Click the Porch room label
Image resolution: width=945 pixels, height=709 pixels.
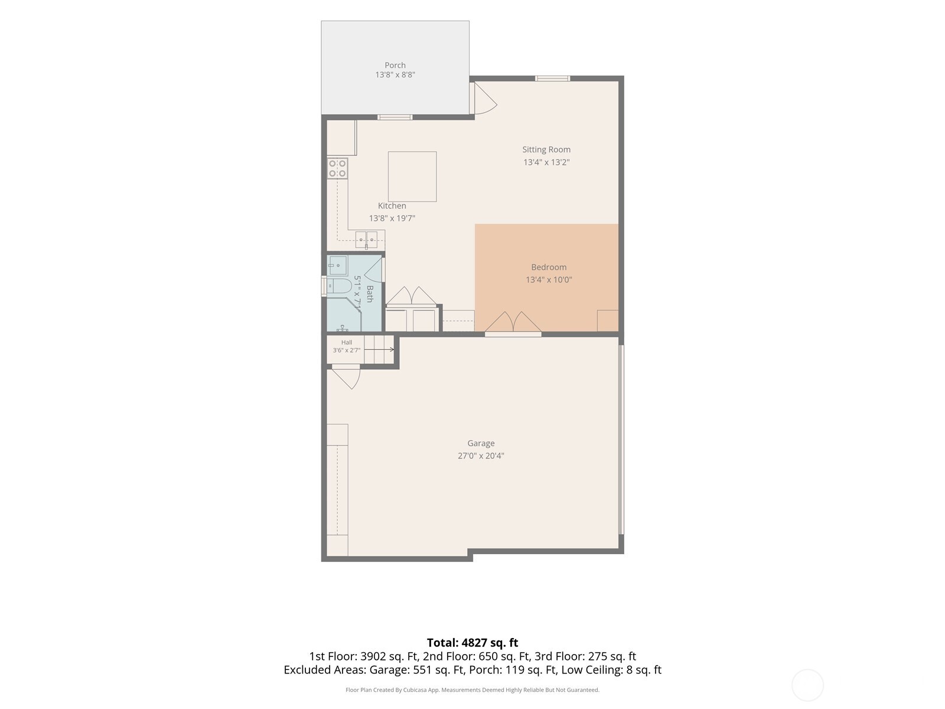(395, 65)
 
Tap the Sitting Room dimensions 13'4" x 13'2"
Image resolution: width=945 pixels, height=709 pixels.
(546, 162)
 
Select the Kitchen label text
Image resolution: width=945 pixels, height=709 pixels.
(392, 206)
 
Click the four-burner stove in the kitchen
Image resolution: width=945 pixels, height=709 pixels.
(337, 168)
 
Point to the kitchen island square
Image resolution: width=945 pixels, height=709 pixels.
(412, 177)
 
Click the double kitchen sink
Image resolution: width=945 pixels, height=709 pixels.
(366, 240)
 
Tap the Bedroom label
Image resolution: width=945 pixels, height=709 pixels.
(549, 267)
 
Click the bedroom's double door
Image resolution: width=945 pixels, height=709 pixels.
(513, 323)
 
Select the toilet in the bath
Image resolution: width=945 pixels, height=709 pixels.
(339, 286)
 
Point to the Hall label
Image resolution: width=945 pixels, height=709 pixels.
(347, 342)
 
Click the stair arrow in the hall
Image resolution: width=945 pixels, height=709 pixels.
(379, 350)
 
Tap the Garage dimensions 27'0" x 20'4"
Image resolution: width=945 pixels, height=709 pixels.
(481, 456)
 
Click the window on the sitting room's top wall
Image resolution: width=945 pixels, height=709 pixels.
(552, 79)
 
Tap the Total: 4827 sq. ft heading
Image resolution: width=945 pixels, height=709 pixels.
(472, 643)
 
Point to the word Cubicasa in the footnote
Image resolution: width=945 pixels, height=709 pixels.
(415, 690)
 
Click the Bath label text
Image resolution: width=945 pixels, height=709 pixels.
(370, 294)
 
